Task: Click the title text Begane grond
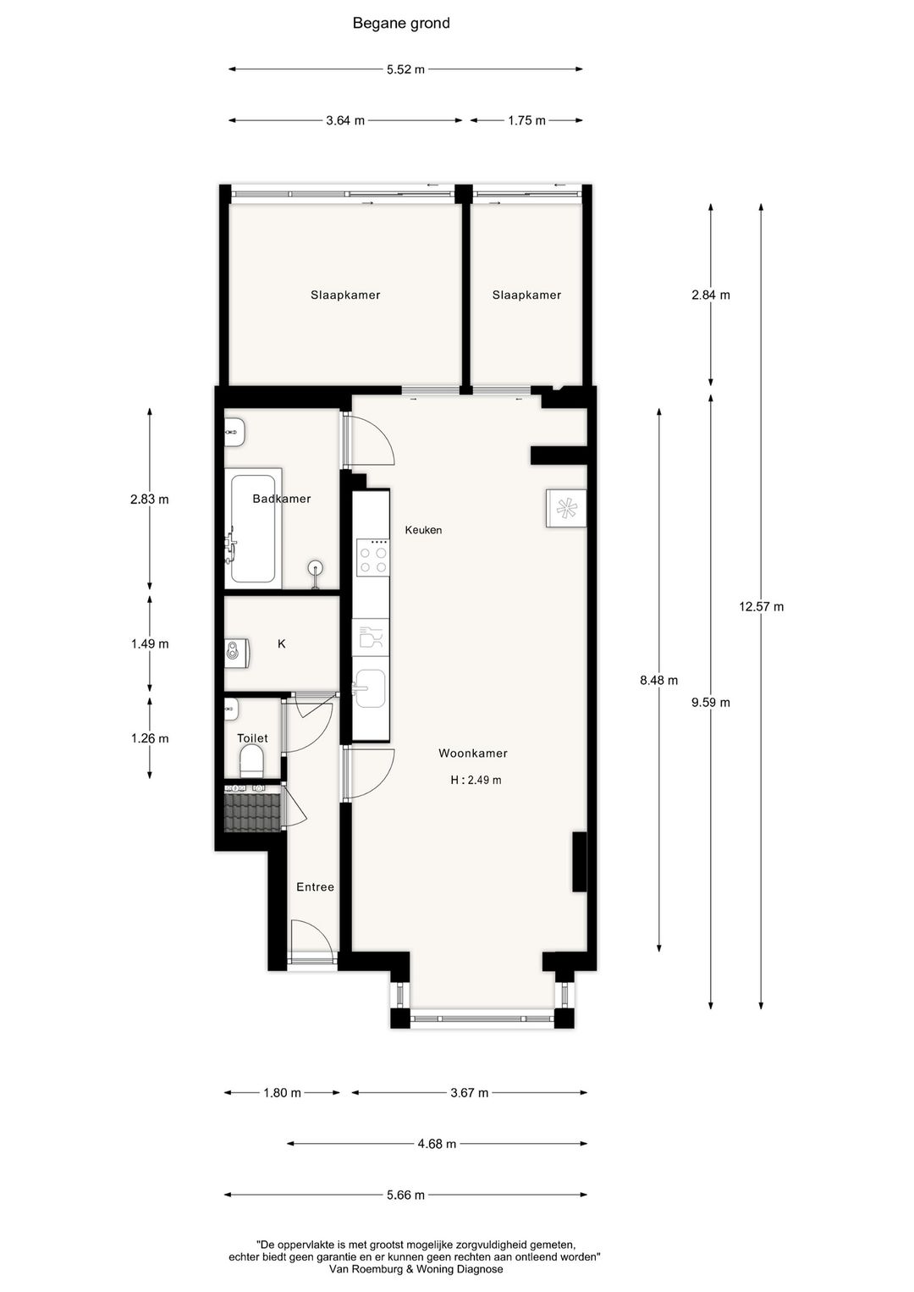pyautogui.click(x=401, y=24)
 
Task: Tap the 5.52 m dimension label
pyautogui.click(x=405, y=69)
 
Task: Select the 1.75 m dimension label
pyautogui.click(x=526, y=120)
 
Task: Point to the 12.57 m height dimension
pyautogui.click(x=761, y=607)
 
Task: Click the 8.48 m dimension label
pyautogui.click(x=658, y=681)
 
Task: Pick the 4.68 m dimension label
pyautogui.click(x=437, y=1144)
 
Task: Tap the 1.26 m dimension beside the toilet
pyautogui.click(x=150, y=738)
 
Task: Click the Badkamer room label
pyautogui.click(x=282, y=499)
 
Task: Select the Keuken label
pyautogui.click(x=423, y=530)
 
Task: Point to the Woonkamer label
pyautogui.click(x=473, y=754)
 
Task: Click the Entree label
pyautogui.click(x=315, y=887)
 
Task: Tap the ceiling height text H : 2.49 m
pyautogui.click(x=476, y=781)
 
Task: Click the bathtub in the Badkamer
pyautogui.click(x=253, y=528)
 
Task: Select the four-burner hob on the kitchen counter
pyautogui.click(x=372, y=558)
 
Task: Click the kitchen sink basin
pyautogui.click(x=370, y=688)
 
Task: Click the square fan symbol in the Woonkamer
pyautogui.click(x=566, y=508)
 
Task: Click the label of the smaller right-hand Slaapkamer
pyautogui.click(x=526, y=295)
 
